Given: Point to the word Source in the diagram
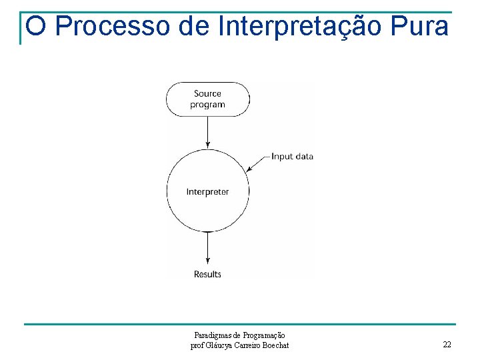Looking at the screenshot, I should coord(207,94).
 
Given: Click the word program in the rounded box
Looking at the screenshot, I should coord(207,105).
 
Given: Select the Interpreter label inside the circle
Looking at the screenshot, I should coord(207,192).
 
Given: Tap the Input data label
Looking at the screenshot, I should coord(292,157).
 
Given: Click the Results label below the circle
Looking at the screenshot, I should coord(207,274).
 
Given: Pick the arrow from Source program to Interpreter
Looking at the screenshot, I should coord(208,133).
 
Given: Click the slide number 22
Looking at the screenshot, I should coord(447,345).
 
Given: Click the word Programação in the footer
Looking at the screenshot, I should coord(265,335).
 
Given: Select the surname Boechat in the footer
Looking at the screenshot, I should coord(274,345).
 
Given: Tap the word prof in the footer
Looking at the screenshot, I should coord(197,345).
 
